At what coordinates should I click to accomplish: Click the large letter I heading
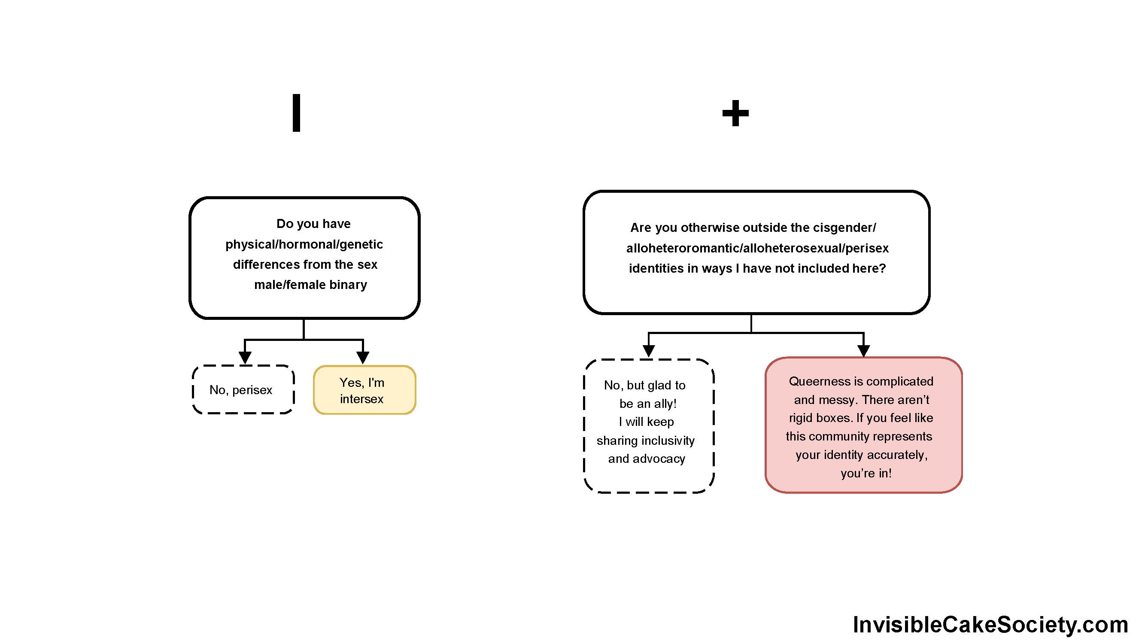pos(297,113)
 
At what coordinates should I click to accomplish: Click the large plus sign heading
pos(735,113)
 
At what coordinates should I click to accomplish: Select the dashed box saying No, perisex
pos(243,390)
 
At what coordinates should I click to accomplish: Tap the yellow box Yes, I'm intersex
pos(364,390)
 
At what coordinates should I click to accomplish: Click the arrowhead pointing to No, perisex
pos(245,357)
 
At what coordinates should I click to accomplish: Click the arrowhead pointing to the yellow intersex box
pos(363,357)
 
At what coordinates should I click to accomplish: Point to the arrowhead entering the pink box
pos(863,350)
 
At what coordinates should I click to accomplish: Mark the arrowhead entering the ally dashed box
pos(649,351)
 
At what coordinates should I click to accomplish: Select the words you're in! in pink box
pos(866,473)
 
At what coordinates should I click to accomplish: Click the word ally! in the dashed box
pos(665,404)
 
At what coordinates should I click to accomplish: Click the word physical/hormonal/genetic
pos(304,244)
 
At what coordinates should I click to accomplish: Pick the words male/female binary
pos(310,285)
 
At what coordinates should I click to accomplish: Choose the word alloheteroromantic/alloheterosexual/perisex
pos(757,248)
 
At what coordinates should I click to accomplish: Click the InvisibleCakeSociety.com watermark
pos(990,624)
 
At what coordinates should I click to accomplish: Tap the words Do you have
pos(313,224)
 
